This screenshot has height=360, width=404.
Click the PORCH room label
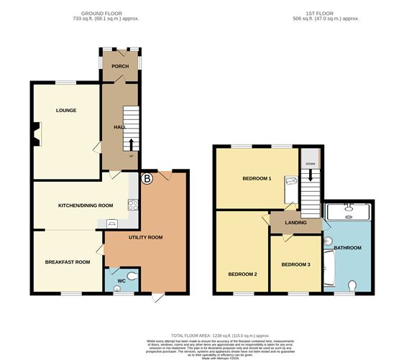[119, 67]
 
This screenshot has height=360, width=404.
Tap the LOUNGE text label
[66, 110]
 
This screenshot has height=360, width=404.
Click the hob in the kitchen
[132, 205]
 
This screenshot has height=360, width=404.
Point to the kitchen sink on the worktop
[113, 223]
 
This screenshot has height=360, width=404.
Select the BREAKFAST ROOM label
[68, 262]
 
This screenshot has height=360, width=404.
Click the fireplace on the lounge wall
[35, 134]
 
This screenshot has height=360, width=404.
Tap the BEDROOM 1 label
[257, 178]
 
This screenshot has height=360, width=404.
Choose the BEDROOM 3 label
[295, 264]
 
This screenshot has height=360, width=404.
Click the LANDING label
[295, 223]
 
